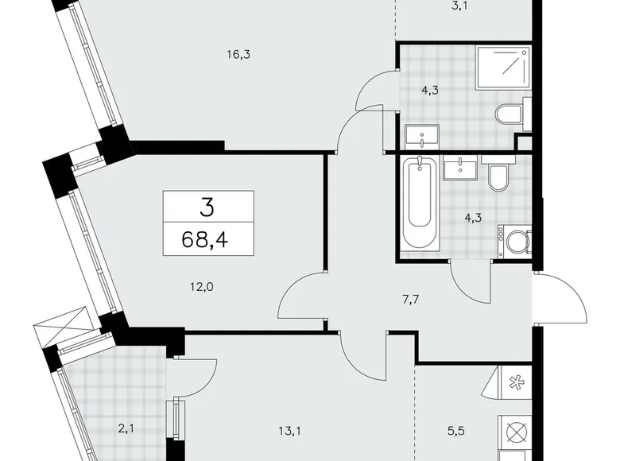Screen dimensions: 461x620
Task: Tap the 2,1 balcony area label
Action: click(126, 430)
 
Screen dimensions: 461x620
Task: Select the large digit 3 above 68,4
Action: click(207, 208)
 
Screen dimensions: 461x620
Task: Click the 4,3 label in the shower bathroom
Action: click(431, 90)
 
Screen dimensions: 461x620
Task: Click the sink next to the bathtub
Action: click(460, 169)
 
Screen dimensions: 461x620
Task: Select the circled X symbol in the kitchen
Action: click(514, 434)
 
